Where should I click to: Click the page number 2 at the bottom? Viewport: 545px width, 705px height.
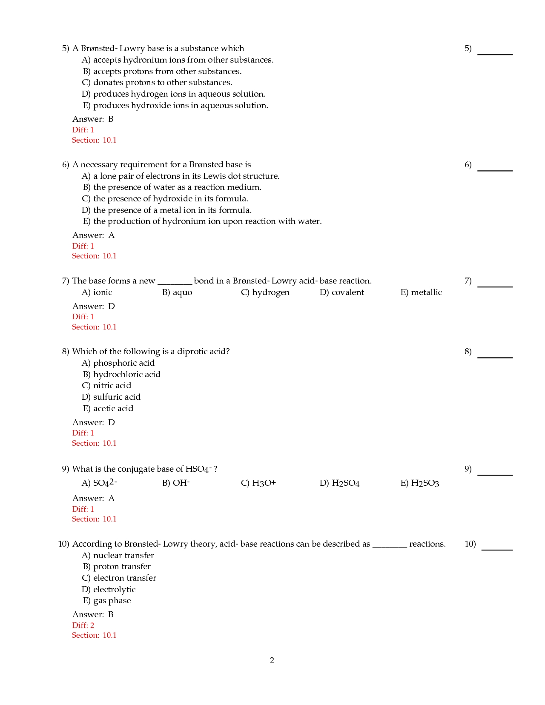[x=272, y=660]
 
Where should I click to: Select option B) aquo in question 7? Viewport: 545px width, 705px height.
[x=177, y=292]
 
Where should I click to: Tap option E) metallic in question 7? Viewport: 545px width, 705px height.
[x=421, y=292]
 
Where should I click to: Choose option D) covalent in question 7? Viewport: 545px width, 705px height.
[x=342, y=292]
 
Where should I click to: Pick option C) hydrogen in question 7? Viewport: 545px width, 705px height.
[x=265, y=292]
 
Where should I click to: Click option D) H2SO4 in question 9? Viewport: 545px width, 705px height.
[x=340, y=483]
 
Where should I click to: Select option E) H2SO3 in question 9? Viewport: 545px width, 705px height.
[x=420, y=483]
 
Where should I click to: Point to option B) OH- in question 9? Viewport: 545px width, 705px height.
[x=176, y=483]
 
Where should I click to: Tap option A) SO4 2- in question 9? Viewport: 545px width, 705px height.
[x=99, y=483]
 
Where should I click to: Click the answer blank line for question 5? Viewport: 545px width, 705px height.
[x=495, y=54]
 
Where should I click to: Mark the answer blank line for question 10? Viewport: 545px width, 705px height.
[x=496, y=549]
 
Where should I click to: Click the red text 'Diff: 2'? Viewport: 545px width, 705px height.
[x=83, y=625]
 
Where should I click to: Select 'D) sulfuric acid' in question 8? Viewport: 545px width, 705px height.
[x=111, y=397]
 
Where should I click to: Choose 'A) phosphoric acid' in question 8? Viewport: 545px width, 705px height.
[x=118, y=363]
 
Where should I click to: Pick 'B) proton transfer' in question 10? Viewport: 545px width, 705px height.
[x=116, y=567]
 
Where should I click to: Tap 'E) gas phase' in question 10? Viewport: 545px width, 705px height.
[x=106, y=601]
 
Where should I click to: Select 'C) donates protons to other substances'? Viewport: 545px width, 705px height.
[x=157, y=83]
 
